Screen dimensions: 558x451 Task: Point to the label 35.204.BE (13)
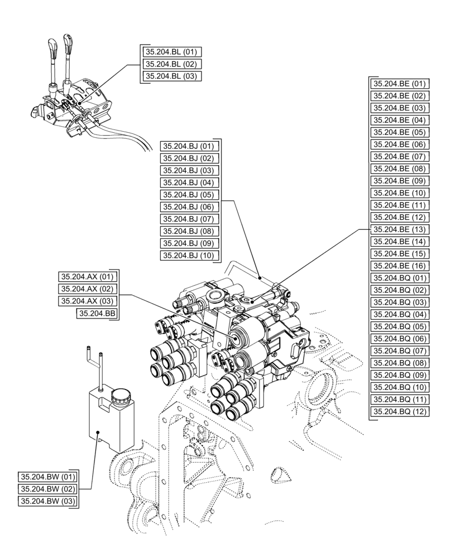pos(400,229)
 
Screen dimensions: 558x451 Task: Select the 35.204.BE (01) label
pos(400,84)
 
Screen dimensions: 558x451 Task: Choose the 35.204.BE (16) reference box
pos(400,266)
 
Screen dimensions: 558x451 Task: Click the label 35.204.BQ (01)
pos(400,278)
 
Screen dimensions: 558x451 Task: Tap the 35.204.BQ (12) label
pos(400,411)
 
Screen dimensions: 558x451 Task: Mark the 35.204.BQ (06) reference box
pos(400,339)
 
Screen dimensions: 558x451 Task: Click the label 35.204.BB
pos(97,314)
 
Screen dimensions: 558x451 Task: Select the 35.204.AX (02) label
pos(87,289)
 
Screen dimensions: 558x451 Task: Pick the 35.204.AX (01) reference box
pos(87,277)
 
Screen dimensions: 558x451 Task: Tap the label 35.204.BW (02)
pos(48,489)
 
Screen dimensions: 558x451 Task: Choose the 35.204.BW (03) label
pos(48,501)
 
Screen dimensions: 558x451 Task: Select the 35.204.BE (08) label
pos(400,169)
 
